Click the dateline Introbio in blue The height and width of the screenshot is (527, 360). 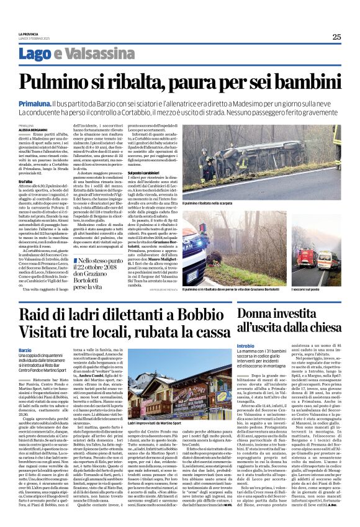246,345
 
